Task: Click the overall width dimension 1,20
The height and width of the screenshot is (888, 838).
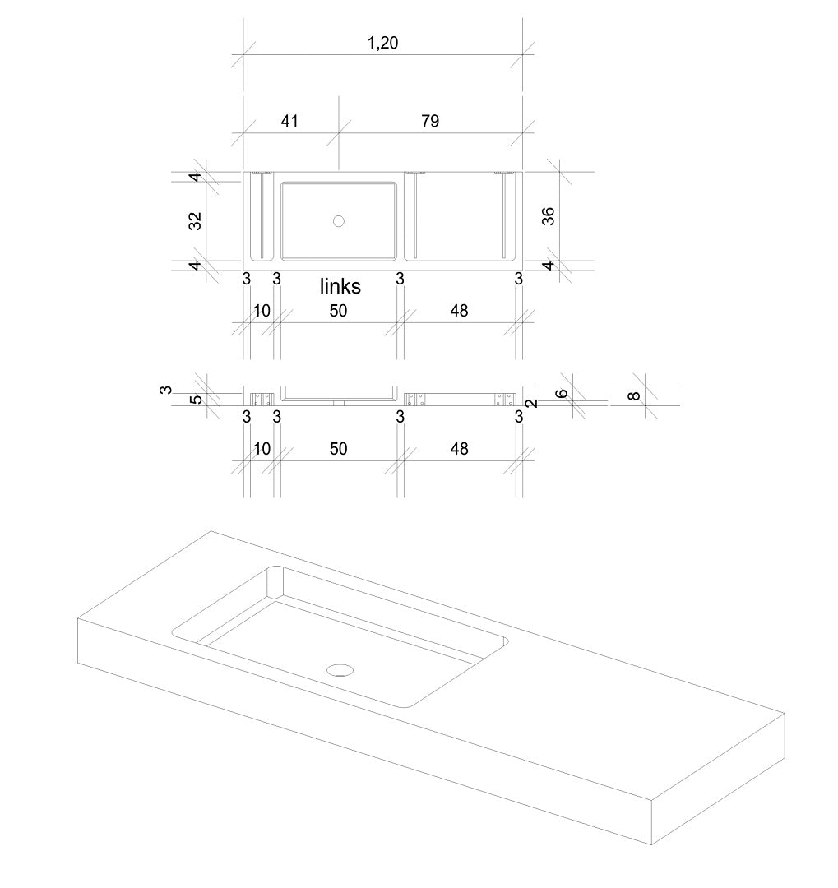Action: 382,43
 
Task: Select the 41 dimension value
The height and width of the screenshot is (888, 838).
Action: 289,121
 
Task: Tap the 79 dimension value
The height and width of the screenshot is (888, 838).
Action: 430,121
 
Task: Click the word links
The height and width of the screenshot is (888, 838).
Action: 340,287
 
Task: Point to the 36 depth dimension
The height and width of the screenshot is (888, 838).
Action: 549,216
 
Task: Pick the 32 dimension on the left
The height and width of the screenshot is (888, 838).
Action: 195,221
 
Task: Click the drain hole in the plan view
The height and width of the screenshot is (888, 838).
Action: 339,221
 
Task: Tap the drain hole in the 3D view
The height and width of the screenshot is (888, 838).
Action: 340,670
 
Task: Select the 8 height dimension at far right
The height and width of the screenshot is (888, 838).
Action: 635,395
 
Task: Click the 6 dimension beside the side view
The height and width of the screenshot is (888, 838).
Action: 562,394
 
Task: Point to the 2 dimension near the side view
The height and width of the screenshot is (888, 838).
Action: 533,404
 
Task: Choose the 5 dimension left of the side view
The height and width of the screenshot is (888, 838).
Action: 196,400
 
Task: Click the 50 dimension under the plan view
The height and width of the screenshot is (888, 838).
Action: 338,310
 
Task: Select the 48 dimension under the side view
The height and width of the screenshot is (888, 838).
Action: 460,449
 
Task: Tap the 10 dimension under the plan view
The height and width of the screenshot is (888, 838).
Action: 262,310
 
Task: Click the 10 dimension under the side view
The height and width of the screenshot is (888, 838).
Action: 262,449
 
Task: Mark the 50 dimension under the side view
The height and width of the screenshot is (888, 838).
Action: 338,449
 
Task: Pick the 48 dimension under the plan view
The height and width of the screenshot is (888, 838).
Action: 460,310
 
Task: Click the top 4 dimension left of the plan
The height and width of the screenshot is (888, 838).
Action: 195,178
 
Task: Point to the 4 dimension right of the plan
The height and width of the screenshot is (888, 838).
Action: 549,265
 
